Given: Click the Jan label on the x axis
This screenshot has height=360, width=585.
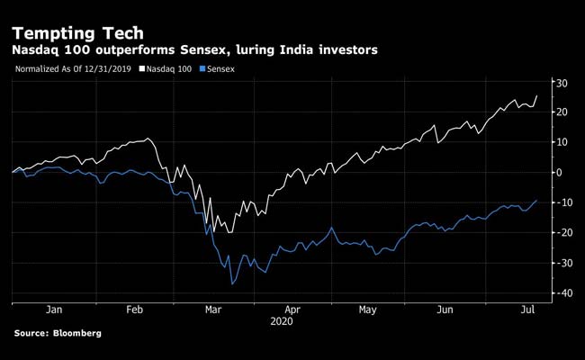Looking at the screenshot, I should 53,309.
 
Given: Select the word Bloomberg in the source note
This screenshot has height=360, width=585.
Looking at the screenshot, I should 76,334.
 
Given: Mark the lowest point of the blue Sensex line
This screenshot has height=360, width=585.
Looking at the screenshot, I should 232,284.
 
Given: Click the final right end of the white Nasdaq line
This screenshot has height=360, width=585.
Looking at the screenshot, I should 537,95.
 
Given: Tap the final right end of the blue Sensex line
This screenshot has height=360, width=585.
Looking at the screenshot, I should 537,201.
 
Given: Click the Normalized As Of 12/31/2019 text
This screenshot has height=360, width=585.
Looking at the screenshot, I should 74,68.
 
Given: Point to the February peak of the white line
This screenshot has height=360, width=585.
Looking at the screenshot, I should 148,139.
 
